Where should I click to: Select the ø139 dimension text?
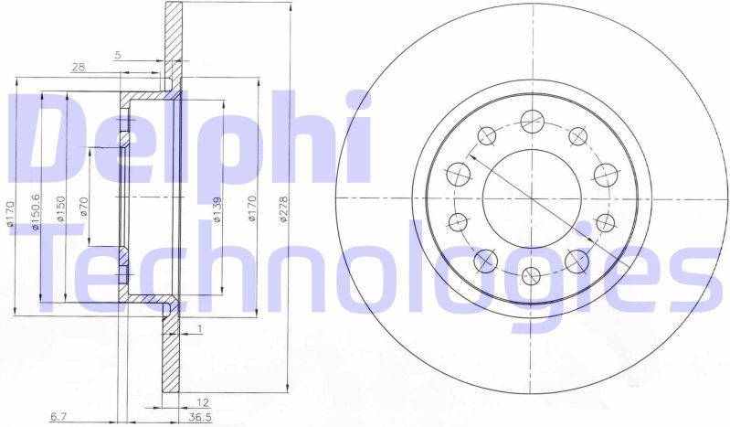[x=217, y=208]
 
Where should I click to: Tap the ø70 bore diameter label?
[x=84, y=207]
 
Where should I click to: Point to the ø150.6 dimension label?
[x=37, y=211]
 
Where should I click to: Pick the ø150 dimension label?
[x=60, y=208]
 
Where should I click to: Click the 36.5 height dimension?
[x=198, y=417]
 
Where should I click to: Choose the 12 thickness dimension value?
[x=203, y=402]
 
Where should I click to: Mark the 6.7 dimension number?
[x=58, y=417]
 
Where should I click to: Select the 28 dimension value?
[x=79, y=67]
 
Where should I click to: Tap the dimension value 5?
[x=118, y=55]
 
